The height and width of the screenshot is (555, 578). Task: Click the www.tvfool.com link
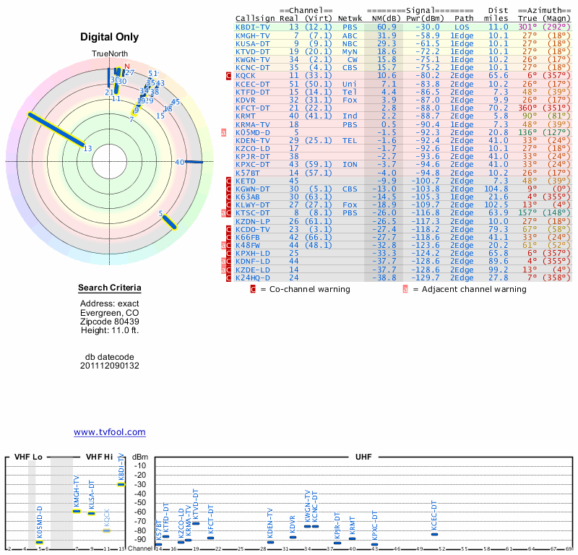pyautogui.click(x=109, y=432)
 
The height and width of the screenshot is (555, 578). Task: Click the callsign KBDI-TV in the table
pyautogui.click(x=253, y=27)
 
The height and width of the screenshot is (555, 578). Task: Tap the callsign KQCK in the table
pyautogui.click(x=246, y=75)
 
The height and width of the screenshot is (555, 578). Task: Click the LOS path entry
pyautogui.click(x=462, y=27)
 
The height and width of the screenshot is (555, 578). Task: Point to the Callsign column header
pyautogui.click(x=256, y=17)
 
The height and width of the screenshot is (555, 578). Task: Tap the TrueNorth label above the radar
pyautogui.click(x=109, y=54)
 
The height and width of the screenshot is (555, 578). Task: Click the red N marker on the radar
pyautogui.click(x=127, y=66)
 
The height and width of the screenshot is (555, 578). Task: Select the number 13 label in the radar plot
pyautogui.click(x=88, y=149)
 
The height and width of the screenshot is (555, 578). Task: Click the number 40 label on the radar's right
pyautogui.click(x=180, y=163)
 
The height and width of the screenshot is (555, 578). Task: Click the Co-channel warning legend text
pyautogui.click(x=305, y=289)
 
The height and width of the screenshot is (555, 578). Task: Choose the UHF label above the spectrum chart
pyautogui.click(x=363, y=457)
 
